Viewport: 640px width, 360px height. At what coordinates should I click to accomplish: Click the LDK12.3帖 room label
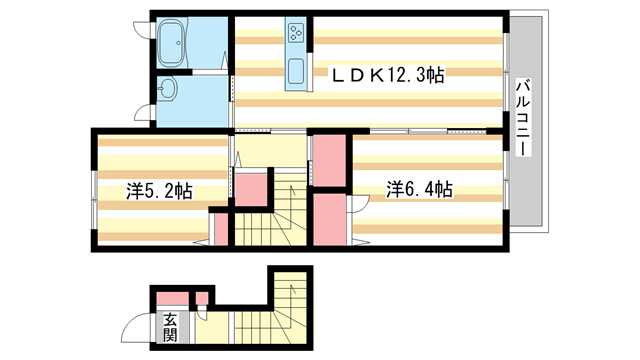pyautogui.click(x=388, y=75)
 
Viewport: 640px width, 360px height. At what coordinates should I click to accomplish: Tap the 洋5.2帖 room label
pyautogui.click(x=159, y=191)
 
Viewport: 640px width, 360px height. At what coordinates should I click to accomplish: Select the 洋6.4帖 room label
pyautogui.click(x=419, y=190)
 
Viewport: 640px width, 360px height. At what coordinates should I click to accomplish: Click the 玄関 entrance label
pyautogui.click(x=170, y=327)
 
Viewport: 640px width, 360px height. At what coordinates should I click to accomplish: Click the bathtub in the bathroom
pyautogui.click(x=173, y=44)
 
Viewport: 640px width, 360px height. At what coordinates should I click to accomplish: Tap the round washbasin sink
pyautogui.click(x=168, y=88)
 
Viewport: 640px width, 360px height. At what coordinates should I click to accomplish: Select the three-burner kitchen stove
pyautogui.click(x=296, y=33)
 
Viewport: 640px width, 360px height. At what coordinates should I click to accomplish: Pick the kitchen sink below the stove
pyautogui.click(x=296, y=71)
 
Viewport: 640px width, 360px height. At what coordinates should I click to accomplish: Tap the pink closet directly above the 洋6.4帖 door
pyautogui.click(x=329, y=160)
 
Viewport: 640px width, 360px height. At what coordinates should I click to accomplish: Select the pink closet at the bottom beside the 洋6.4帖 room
pyautogui.click(x=330, y=219)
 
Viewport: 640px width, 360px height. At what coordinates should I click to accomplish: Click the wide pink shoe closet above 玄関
pyautogui.click(x=173, y=298)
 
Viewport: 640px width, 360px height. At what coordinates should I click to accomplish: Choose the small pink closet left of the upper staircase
pyautogui.click(x=251, y=189)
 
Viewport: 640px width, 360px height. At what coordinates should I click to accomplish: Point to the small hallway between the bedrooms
pyautogui.click(x=270, y=151)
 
